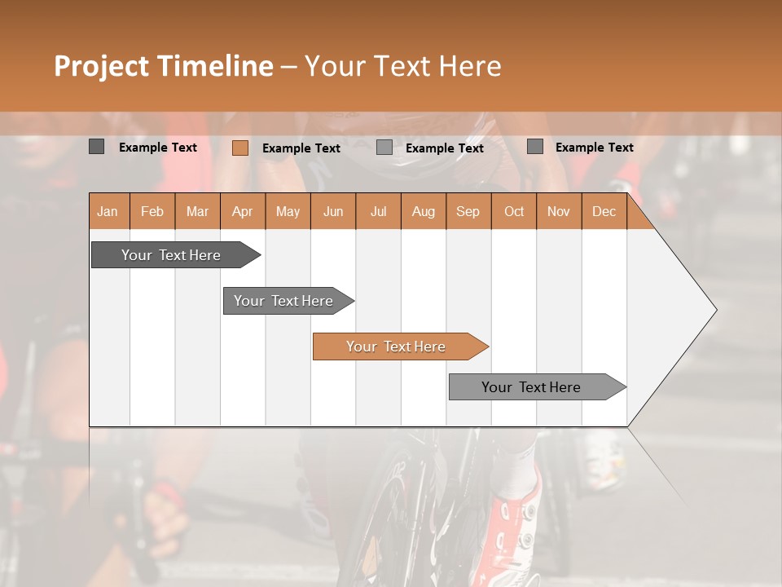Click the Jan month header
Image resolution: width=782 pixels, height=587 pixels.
tap(108, 212)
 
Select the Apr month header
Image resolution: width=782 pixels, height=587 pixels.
tap(242, 212)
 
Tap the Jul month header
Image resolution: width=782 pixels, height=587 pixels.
tap(378, 212)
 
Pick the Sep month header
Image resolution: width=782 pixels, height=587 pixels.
tap(468, 212)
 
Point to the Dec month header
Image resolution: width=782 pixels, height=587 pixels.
tap(604, 212)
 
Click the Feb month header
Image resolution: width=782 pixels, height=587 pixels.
tap(152, 212)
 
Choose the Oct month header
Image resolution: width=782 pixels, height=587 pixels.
tap(514, 212)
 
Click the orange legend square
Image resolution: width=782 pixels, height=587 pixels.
tap(239, 148)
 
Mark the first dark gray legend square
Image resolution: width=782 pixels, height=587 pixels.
tap(96, 147)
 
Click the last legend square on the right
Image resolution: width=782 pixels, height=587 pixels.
tap(534, 147)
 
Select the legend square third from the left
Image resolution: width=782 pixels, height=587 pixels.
tap(384, 148)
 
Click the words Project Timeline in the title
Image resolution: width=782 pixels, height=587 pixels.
tap(163, 66)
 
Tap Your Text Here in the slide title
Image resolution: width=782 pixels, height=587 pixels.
tap(402, 66)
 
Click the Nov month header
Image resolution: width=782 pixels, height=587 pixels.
tap(559, 212)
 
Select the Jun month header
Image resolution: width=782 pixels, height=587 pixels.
tap(333, 212)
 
